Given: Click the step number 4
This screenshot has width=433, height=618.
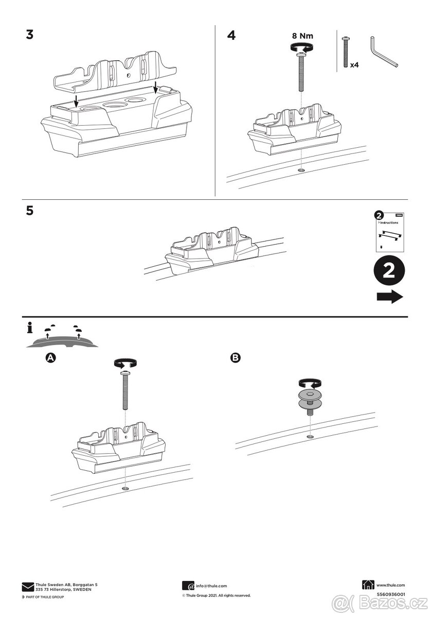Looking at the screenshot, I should (x=232, y=36).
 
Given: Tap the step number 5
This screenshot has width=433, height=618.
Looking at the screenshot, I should (x=29, y=211).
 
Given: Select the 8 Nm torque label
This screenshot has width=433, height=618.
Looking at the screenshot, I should (x=302, y=36).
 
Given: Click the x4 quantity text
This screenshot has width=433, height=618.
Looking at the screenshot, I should (x=354, y=65).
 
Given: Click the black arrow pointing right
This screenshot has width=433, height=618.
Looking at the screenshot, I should (x=389, y=297).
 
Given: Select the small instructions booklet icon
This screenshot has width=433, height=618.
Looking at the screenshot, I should (x=389, y=231).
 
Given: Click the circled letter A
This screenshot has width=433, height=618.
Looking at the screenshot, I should (x=51, y=357).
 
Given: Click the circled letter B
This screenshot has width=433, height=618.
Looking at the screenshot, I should (x=235, y=357).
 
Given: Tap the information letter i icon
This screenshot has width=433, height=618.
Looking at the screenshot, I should (x=29, y=328).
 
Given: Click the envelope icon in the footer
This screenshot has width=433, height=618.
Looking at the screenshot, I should (x=28, y=587).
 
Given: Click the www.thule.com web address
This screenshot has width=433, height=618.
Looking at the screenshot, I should (x=391, y=585).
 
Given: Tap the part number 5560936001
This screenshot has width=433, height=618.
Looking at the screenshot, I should (x=391, y=594).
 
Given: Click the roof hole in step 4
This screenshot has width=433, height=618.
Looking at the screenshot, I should (x=301, y=170).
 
